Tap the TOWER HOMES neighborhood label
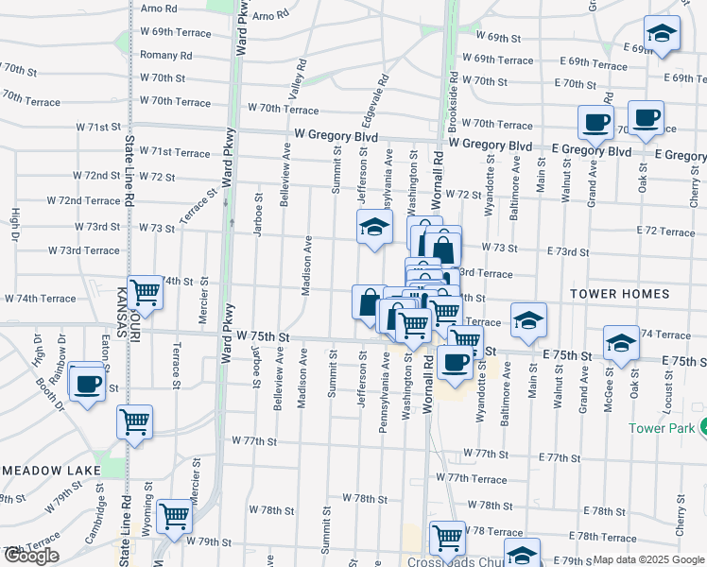[619, 294]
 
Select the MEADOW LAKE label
[44, 470]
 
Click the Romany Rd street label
[165, 56]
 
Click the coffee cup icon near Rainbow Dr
[87, 383]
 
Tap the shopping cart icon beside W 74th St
[145, 291]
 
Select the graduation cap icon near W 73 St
[375, 228]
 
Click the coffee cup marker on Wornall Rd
[455, 361]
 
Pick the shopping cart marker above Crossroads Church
[447, 538]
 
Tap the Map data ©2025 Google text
[647, 559]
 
